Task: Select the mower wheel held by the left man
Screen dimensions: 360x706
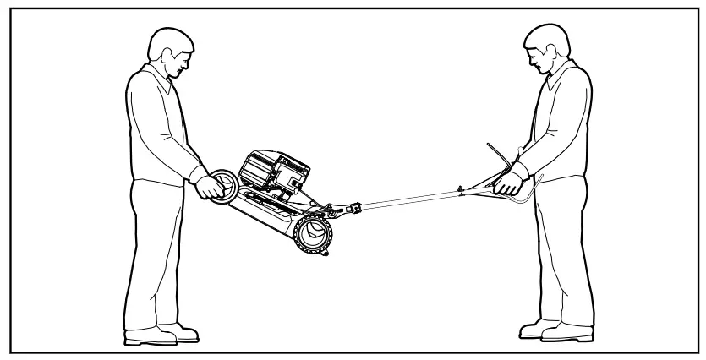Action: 223,188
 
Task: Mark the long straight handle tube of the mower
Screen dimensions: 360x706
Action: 414,198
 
